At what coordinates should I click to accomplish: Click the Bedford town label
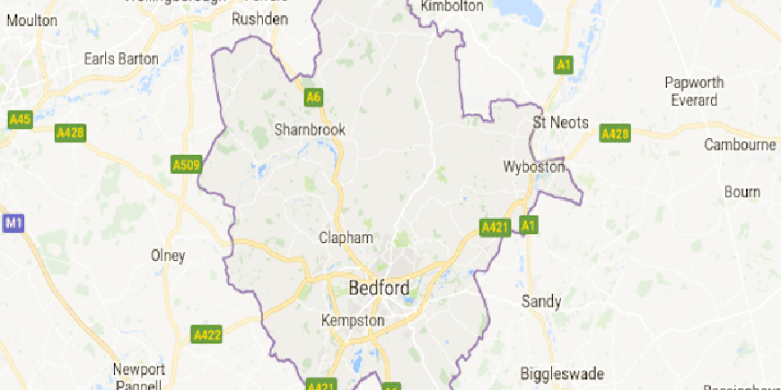[378, 289]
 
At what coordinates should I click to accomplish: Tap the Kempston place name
[353, 320]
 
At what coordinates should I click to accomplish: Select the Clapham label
[346, 238]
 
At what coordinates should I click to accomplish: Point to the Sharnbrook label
[310, 130]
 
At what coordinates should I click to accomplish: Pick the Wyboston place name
[533, 167]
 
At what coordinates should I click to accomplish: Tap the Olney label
[168, 256]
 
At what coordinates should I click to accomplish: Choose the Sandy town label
[541, 301]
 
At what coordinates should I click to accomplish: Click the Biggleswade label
[562, 373]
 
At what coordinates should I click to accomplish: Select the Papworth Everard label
[694, 91]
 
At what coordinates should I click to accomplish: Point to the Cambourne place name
[740, 144]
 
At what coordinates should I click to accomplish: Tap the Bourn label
[742, 192]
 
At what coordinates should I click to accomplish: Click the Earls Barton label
[120, 59]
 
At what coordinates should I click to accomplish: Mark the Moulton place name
[31, 21]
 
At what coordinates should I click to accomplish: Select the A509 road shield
[186, 165]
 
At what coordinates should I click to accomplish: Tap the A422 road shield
[206, 334]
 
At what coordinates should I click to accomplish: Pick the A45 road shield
[20, 119]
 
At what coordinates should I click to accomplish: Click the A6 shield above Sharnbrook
[312, 97]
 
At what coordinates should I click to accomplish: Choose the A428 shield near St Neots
[615, 134]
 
